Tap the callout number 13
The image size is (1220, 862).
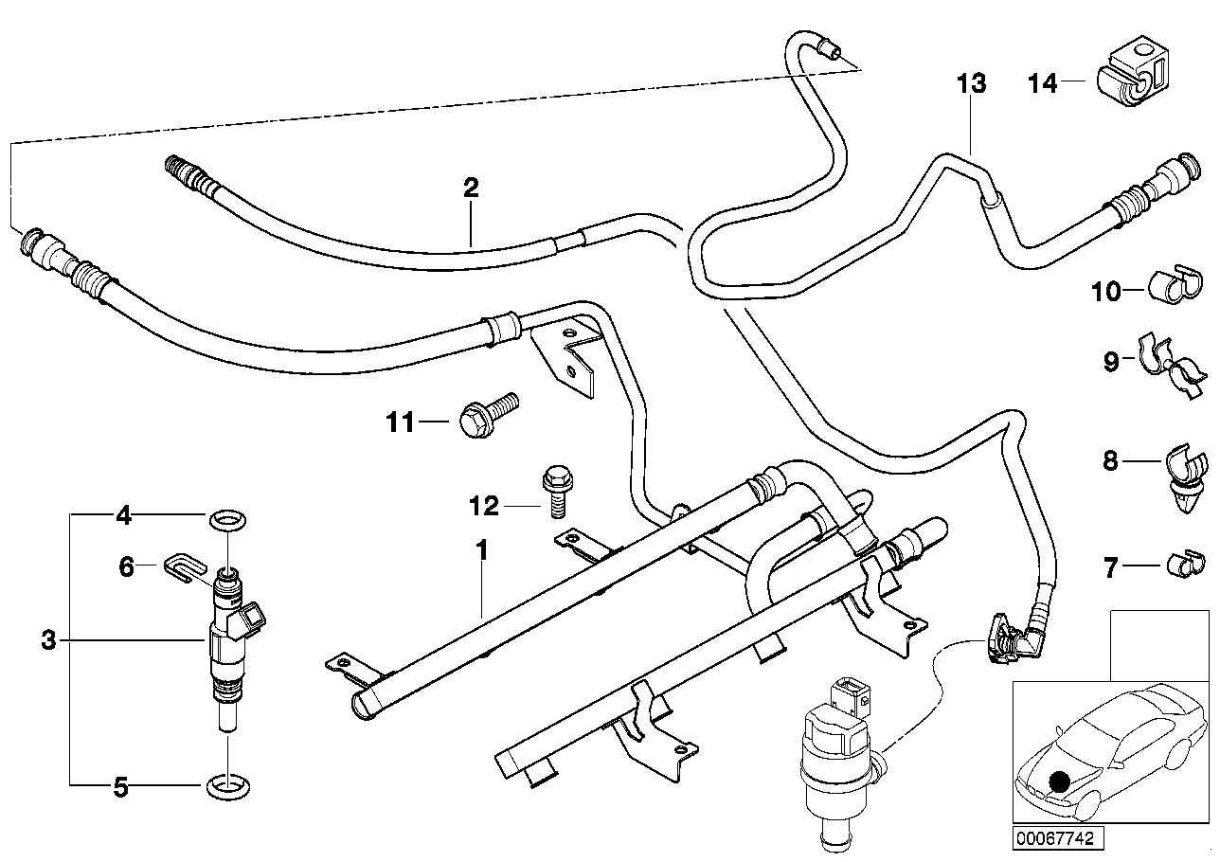click(971, 83)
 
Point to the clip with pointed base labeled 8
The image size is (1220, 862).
click(1185, 473)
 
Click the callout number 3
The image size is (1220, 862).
click(49, 641)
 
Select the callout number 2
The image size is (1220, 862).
click(471, 187)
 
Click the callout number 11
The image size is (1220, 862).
click(401, 422)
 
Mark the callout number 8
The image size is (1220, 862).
click(1110, 461)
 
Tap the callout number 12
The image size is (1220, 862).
click(483, 506)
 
